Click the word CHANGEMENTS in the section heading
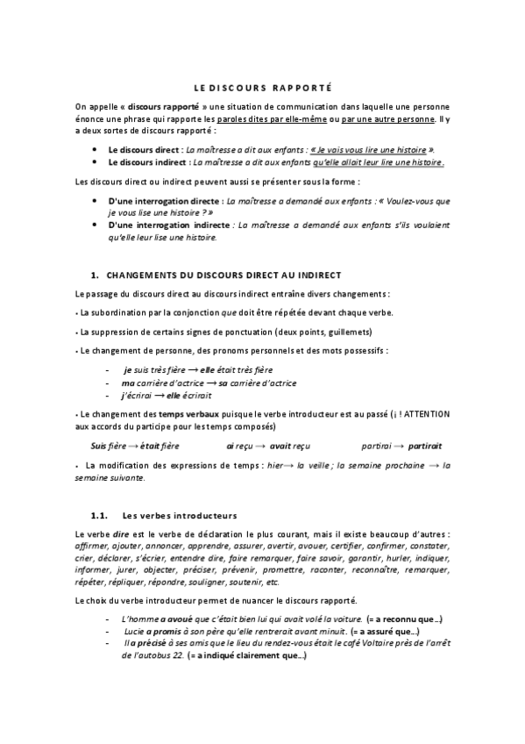pyautogui.click(x=150, y=275)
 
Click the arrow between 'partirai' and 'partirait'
pyautogui.click(x=398, y=447)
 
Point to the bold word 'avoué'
pyautogui.click(x=166, y=620)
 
